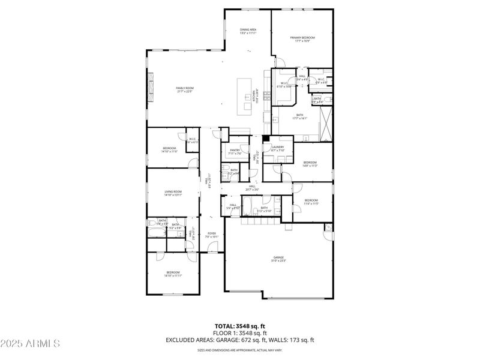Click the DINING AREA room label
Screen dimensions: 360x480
(x=248, y=31)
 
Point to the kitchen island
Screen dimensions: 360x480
(x=245, y=96)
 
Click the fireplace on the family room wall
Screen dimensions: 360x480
(x=150, y=84)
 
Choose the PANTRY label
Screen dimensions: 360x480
(x=235, y=152)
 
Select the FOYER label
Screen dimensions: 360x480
(x=212, y=235)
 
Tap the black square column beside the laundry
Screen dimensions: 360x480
(x=266, y=137)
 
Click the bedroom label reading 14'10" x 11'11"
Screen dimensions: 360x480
(x=173, y=274)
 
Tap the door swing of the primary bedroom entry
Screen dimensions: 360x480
(x=277, y=62)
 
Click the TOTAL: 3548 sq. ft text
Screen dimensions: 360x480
(x=239, y=326)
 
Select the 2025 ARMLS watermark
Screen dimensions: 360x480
(x=30, y=343)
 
